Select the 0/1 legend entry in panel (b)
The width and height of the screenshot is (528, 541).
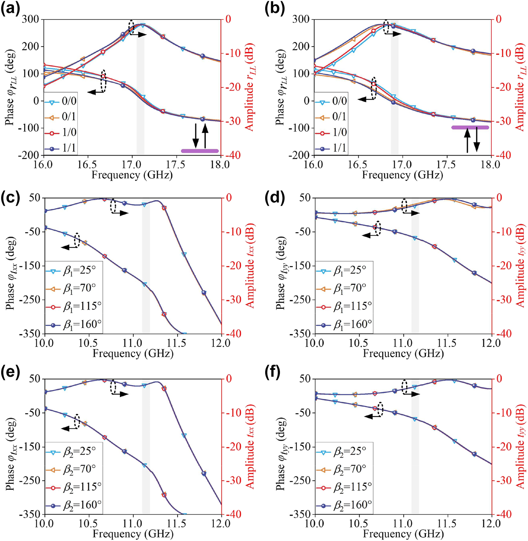[331, 117]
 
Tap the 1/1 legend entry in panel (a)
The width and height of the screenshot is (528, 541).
[60, 148]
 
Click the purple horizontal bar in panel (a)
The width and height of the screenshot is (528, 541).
[200, 151]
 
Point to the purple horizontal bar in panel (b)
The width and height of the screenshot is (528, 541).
[470, 127]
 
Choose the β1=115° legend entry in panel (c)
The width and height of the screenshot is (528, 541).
[74, 306]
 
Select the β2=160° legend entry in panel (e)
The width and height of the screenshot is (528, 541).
[74, 505]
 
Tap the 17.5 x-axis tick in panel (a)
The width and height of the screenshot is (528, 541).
[176, 165]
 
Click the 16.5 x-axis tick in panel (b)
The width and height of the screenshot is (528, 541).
[358, 165]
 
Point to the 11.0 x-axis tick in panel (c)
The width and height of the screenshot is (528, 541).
[132, 343]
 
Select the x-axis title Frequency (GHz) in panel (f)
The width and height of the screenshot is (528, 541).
[403, 533]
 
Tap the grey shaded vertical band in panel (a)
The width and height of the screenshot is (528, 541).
[140, 88]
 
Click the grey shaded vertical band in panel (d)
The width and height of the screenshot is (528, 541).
[415, 267]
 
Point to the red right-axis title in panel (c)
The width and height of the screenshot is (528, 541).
[250, 266]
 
